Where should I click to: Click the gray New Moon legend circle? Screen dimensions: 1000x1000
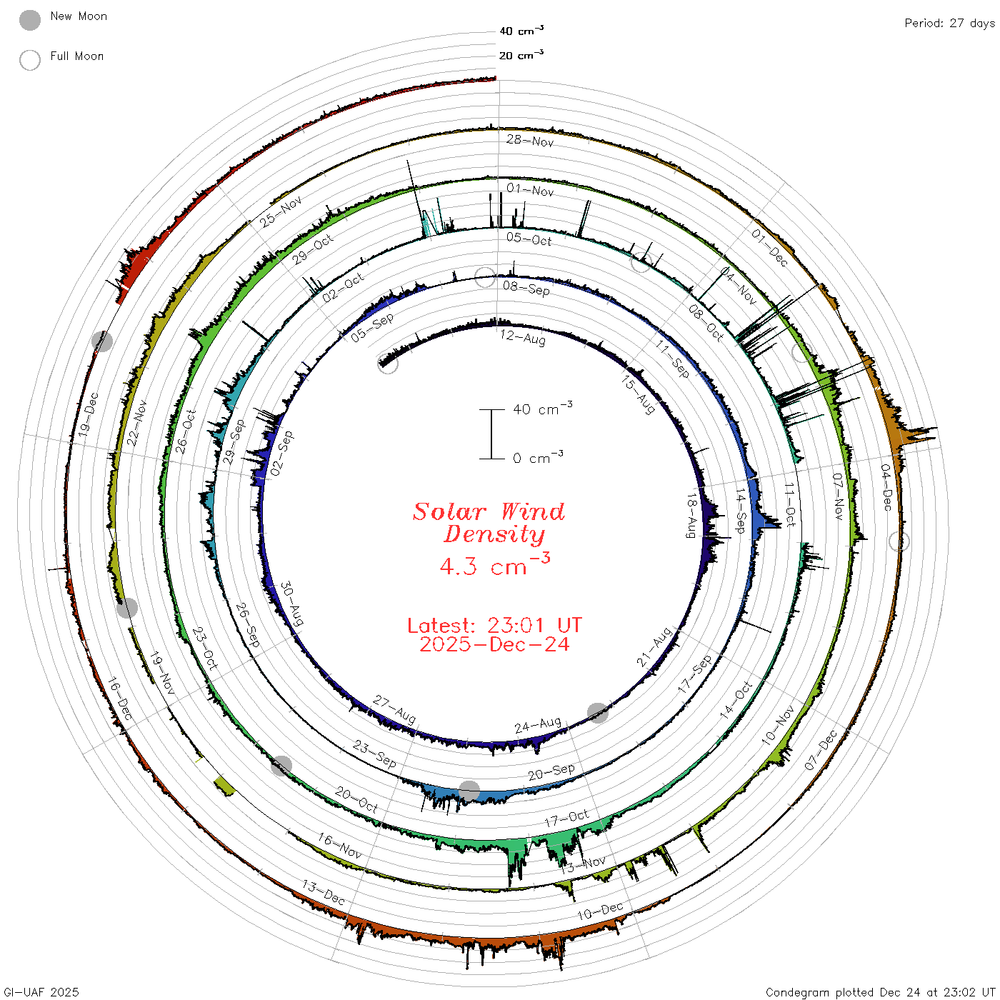point(29,20)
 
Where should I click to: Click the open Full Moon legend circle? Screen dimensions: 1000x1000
point(29,60)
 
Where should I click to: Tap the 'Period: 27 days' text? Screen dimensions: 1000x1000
point(950,24)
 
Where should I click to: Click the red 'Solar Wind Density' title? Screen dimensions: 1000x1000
point(489,523)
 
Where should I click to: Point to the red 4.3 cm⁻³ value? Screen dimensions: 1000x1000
point(494,564)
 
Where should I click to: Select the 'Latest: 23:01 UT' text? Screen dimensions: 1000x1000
point(494,625)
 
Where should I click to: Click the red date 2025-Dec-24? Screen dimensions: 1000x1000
point(494,644)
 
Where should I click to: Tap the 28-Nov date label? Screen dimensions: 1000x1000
point(530,141)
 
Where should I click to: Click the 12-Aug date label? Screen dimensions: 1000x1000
point(523,338)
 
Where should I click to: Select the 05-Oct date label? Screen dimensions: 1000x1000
point(529,239)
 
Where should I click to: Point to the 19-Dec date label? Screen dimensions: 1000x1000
point(89,414)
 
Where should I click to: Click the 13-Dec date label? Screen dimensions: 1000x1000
point(324,893)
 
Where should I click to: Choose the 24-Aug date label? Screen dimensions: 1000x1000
point(538,724)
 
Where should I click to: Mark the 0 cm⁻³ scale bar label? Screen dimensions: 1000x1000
point(538,458)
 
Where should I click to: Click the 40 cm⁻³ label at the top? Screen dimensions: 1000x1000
point(521,31)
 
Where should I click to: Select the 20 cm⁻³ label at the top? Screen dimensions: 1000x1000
point(521,55)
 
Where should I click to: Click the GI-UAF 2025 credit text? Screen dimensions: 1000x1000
point(41,992)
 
